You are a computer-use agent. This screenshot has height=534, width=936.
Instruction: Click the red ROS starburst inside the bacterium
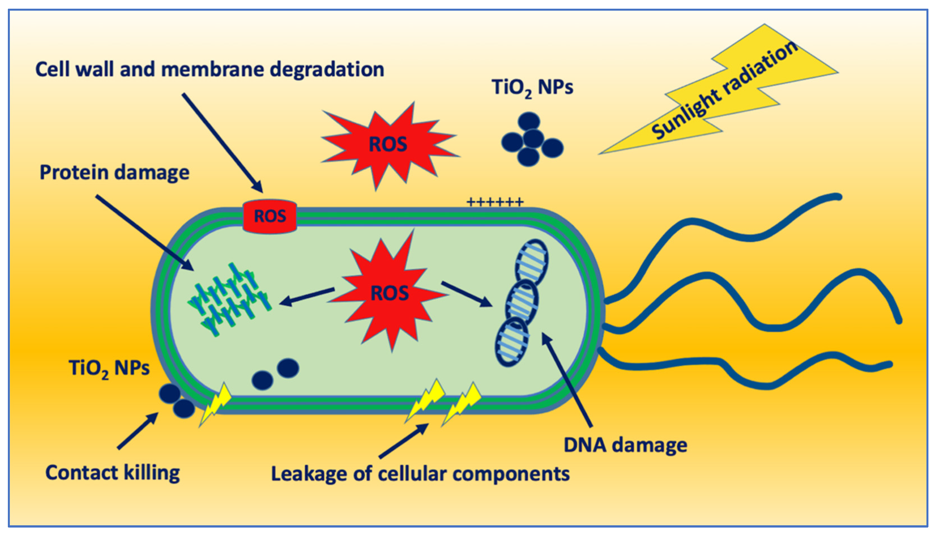[x=389, y=293]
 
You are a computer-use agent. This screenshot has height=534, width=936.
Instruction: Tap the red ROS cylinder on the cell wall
[x=270, y=217]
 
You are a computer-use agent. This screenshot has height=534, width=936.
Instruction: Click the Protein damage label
[x=114, y=172]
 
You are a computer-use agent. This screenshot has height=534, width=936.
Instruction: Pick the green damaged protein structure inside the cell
[x=229, y=299]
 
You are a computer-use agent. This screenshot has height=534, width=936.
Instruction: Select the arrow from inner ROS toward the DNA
[x=466, y=293]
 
